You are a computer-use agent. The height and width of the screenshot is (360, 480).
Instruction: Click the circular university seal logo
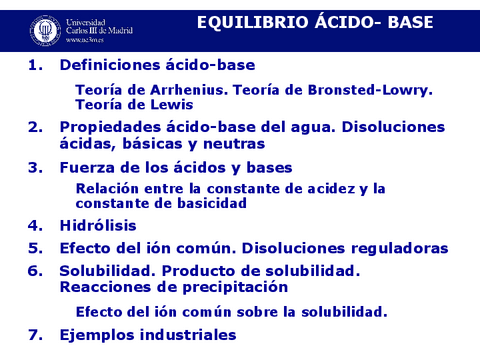point(44,29)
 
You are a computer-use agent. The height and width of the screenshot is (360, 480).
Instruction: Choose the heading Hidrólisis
point(97,226)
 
